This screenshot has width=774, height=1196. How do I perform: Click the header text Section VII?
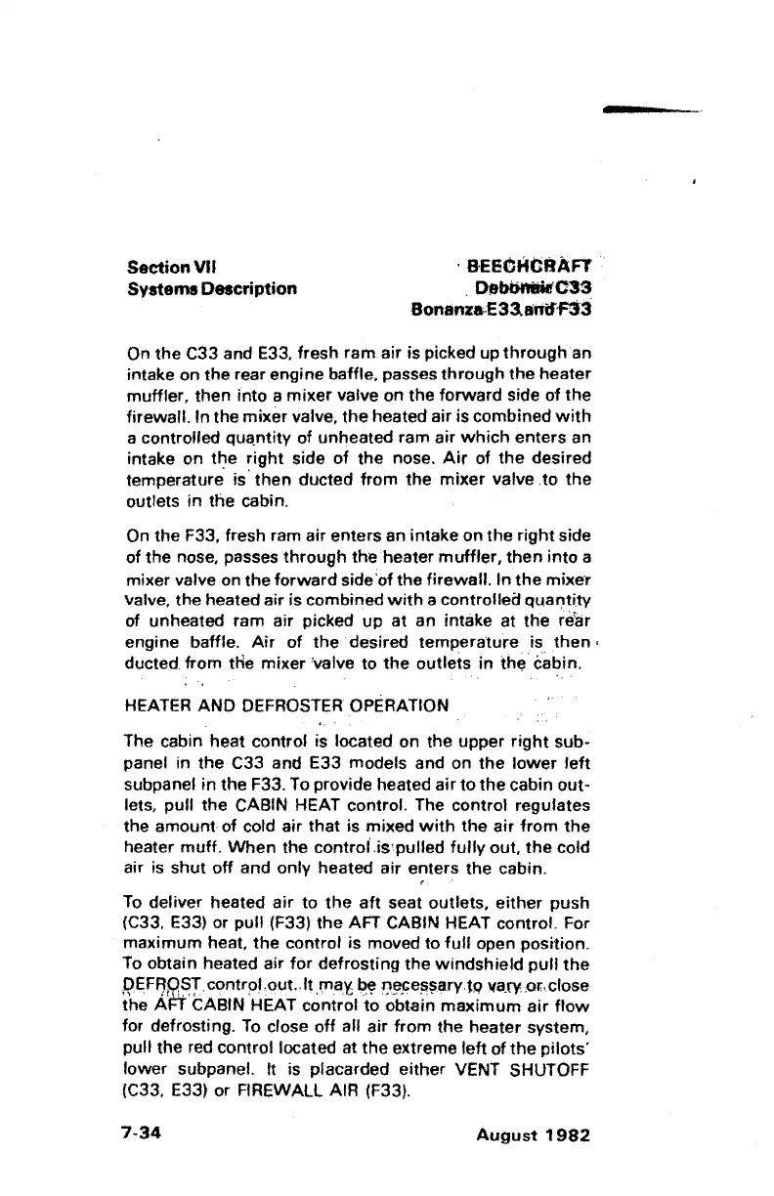172,266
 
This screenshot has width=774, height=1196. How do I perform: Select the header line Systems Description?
212,288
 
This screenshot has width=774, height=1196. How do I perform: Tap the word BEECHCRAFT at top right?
533,266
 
